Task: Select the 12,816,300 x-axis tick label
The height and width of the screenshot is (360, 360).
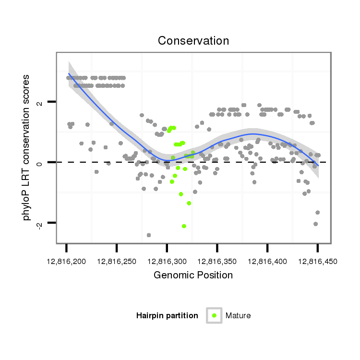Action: tap(167, 262)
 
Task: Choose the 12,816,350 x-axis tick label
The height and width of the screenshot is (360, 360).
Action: tap(217, 262)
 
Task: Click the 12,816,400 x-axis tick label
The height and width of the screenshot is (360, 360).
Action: tap(267, 262)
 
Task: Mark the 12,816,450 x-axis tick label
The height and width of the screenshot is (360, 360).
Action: tap(317, 262)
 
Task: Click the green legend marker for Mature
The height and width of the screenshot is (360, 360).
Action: tap(214, 315)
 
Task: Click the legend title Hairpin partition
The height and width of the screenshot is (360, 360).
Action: tap(167, 316)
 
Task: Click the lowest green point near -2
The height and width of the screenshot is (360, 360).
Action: tap(184, 226)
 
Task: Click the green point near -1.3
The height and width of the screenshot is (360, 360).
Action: tap(189, 203)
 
